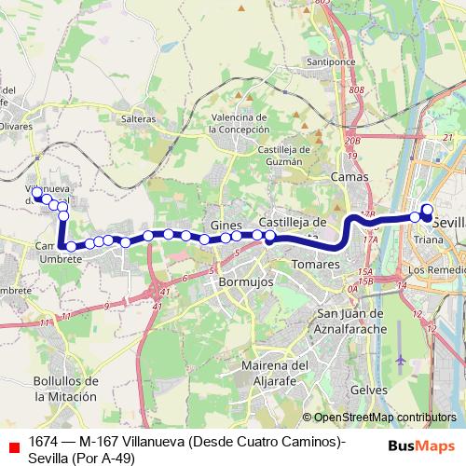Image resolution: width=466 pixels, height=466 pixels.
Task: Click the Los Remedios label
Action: [x=437, y=269]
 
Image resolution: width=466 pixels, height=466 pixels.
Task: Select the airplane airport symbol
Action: [x=401, y=359]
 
